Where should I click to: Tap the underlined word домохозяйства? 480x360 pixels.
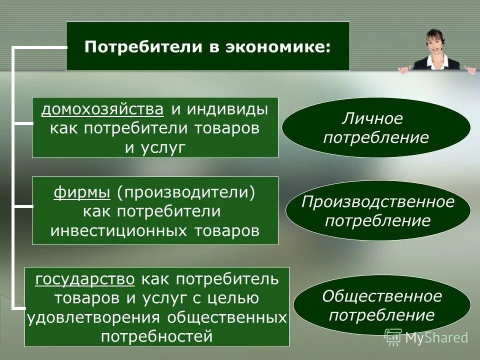[x=102, y=109]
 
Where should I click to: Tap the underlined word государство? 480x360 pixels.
[x=85, y=279]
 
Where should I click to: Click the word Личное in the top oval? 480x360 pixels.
[x=372, y=119]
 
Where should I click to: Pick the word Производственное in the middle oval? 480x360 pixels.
[x=378, y=202]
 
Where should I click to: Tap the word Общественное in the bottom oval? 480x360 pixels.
[x=382, y=296]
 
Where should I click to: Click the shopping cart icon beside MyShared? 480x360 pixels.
[x=393, y=337]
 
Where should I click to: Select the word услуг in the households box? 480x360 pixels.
[x=163, y=147]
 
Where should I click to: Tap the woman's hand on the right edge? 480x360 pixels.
[x=470, y=69]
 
